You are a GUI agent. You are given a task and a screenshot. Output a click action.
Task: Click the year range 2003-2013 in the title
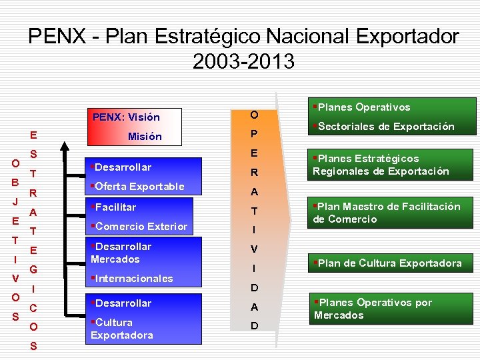(243, 61)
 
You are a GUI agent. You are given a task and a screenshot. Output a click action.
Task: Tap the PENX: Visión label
(126, 117)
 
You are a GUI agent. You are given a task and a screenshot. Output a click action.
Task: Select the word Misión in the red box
(145, 136)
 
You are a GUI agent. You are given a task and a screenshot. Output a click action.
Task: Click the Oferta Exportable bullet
(138, 186)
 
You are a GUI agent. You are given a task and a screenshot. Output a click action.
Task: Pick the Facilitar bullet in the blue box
(115, 207)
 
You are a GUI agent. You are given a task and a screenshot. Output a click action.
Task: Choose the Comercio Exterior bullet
(140, 226)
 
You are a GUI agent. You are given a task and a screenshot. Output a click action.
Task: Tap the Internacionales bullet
(133, 278)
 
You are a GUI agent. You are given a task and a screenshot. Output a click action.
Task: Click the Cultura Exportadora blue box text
(122, 329)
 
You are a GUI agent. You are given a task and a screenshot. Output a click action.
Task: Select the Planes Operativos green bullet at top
(361, 107)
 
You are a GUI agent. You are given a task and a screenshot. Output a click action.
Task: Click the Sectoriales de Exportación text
(384, 126)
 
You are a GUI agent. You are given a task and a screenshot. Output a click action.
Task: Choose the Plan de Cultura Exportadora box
(389, 263)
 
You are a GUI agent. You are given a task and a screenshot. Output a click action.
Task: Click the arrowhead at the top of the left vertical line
(64, 144)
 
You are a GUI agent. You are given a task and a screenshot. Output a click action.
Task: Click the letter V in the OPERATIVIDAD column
(254, 249)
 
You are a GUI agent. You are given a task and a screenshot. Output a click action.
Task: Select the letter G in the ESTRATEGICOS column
(32, 270)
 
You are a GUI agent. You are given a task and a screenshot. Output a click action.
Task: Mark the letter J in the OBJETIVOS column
(14, 200)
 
